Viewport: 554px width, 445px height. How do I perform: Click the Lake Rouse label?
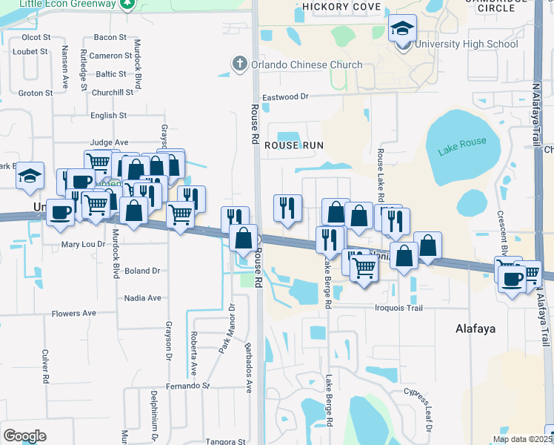pyautogui.click(x=462, y=146)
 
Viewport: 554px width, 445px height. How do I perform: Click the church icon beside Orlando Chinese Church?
pyautogui.click(x=239, y=64)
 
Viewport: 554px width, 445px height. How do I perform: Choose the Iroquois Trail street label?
pyautogui.click(x=399, y=308)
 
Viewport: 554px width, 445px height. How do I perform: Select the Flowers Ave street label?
pyautogui.click(x=74, y=314)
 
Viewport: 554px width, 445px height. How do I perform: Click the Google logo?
pyautogui.click(x=24, y=436)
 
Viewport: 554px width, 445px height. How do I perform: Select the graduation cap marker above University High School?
pyautogui.click(x=402, y=29)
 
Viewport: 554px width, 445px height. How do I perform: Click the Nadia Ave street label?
pyautogui.click(x=143, y=298)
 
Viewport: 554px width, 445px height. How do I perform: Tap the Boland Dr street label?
pyautogui.click(x=142, y=271)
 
